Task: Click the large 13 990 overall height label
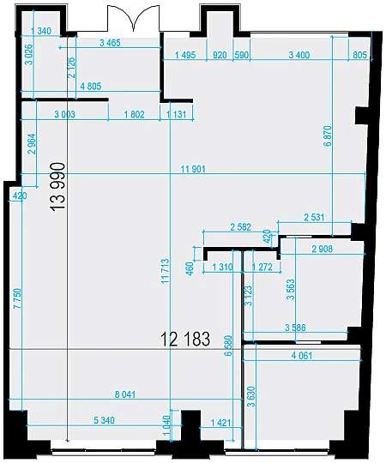point(58,186)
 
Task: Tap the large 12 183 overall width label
point(185,339)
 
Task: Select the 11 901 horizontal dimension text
point(193,169)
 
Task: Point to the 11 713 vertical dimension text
point(166,271)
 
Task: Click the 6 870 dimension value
point(328,136)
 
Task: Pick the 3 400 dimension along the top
point(299,55)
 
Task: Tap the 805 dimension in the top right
point(359,55)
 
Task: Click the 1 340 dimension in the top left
point(41,31)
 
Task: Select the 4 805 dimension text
point(90,87)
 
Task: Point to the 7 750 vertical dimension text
point(17,298)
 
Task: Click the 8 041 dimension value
point(125,394)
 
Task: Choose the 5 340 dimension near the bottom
point(104,420)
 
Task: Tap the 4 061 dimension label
point(302,356)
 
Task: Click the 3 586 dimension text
point(295,328)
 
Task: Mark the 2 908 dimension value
point(323,250)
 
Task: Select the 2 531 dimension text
point(314,218)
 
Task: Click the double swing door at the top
point(134,18)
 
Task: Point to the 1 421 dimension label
point(220,423)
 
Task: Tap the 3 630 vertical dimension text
point(251,396)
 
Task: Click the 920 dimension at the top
point(220,55)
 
